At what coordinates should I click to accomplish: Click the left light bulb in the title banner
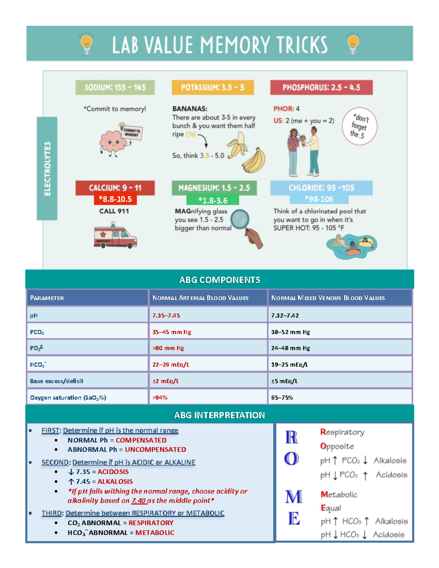(x=86, y=43)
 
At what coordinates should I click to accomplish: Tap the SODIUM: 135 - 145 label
(x=115, y=88)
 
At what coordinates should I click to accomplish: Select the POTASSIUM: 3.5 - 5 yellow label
(x=213, y=88)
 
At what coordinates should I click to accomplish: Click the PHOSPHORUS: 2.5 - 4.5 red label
(x=321, y=88)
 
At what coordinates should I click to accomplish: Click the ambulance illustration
(x=115, y=236)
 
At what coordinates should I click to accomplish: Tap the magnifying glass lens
(x=240, y=219)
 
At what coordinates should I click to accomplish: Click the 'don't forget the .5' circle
(x=359, y=127)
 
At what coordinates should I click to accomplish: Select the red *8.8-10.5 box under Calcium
(x=115, y=199)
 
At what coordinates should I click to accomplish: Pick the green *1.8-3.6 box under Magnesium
(x=213, y=200)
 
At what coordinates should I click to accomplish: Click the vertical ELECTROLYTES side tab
(x=47, y=169)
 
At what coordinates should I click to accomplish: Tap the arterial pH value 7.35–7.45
(x=166, y=315)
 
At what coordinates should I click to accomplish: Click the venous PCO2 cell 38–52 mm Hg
(x=290, y=332)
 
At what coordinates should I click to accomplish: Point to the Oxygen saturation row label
(x=68, y=398)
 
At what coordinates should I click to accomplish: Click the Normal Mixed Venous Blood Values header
(x=328, y=298)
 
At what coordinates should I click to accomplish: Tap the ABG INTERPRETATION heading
(x=219, y=415)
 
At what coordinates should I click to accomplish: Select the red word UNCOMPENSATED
(x=155, y=449)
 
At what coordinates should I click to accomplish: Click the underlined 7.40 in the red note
(x=139, y=501)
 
